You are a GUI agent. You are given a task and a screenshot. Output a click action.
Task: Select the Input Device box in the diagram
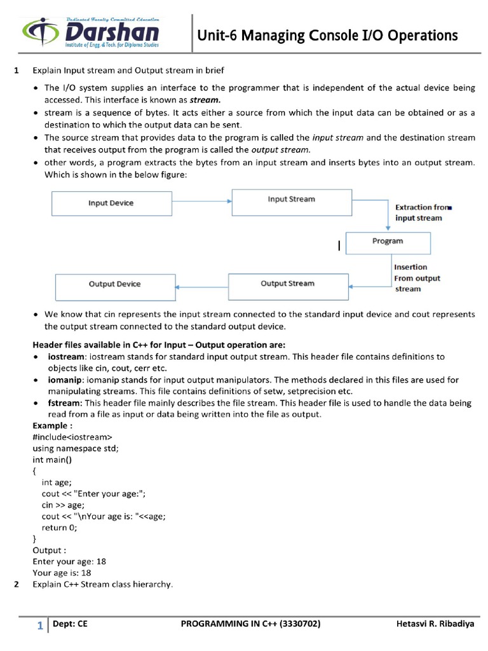coord(111,203)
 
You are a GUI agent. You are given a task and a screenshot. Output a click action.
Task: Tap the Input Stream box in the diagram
coord(290,200)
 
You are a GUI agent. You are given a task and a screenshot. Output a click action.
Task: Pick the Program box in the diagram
coord(388,242)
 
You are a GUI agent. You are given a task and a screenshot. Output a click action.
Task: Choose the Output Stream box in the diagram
coord(287,284)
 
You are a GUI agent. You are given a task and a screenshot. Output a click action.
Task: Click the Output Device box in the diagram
coord(115,284)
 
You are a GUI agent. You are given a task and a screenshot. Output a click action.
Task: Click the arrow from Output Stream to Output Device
coord(201,287)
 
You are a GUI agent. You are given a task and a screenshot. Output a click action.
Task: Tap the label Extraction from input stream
coord(421,212)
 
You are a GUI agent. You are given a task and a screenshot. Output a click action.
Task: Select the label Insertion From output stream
coord(416,278)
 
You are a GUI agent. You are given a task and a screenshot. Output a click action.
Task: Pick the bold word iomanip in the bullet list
coord(67,380)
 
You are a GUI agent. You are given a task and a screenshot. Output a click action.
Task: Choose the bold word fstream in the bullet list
coord(65,403)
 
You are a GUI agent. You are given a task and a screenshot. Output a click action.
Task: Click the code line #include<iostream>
coord(72,437)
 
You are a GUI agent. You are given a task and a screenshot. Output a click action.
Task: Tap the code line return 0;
coord(59,527)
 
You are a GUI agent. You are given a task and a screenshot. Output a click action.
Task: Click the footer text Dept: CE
coord(70,624)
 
